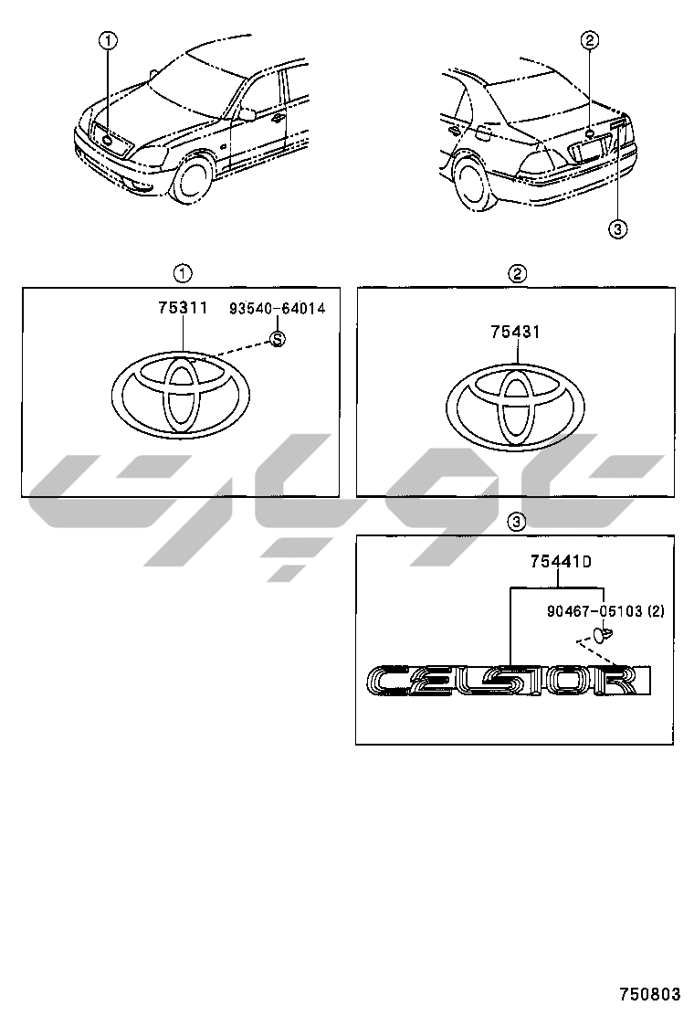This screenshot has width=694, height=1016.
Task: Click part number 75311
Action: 183,308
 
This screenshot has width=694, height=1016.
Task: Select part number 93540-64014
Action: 277,309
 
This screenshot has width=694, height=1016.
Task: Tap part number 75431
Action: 515,332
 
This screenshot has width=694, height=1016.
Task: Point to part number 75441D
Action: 561,562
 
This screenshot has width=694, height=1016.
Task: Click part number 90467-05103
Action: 594,611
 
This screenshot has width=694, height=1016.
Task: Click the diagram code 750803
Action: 649,994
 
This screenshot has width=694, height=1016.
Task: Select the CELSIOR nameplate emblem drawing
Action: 509,681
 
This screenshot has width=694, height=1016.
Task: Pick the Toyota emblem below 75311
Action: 181,395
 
